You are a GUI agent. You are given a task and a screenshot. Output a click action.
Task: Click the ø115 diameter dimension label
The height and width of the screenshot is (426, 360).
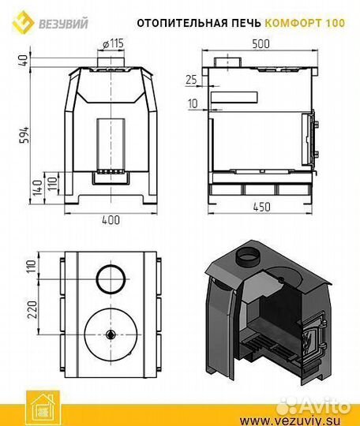point(114,43)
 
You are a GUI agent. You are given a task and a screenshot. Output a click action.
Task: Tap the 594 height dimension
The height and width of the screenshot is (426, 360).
point(24,135)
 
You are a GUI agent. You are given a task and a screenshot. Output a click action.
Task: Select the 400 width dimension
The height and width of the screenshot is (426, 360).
point(111,220)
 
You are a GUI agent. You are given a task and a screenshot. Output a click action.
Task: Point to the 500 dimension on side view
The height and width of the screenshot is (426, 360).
point(261,43)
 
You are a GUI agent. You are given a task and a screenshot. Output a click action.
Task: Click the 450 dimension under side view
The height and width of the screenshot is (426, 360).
point(262,207)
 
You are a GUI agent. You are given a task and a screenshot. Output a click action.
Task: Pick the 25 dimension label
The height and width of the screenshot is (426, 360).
point(191,80)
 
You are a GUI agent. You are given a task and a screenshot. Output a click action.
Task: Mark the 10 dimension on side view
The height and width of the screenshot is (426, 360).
point(193,103)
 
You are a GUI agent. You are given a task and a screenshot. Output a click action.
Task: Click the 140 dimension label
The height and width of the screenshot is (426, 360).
point(37,188)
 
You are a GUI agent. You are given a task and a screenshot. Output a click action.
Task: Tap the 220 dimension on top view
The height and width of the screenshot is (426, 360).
point(32,309)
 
